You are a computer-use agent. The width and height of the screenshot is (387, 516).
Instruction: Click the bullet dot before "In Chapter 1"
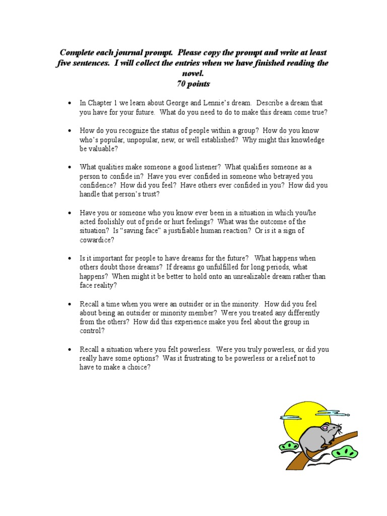(x=70, y=103)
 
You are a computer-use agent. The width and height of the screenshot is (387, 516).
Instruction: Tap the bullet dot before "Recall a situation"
(x=70, y=349)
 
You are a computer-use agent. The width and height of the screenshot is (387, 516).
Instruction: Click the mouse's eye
(x=324, y=429)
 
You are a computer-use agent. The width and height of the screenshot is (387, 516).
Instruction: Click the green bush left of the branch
(x=289, y=446)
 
